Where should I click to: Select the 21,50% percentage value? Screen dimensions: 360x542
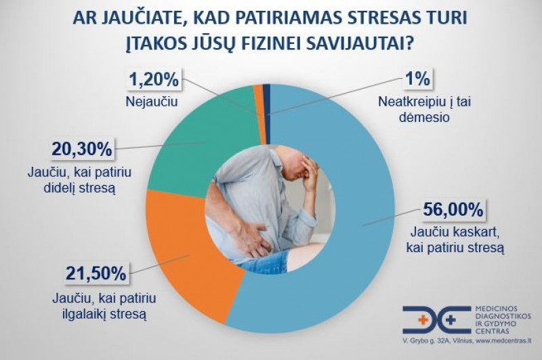click(x=87, y=274)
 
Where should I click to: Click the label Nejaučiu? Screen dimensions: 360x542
click(x=150, y=102)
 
